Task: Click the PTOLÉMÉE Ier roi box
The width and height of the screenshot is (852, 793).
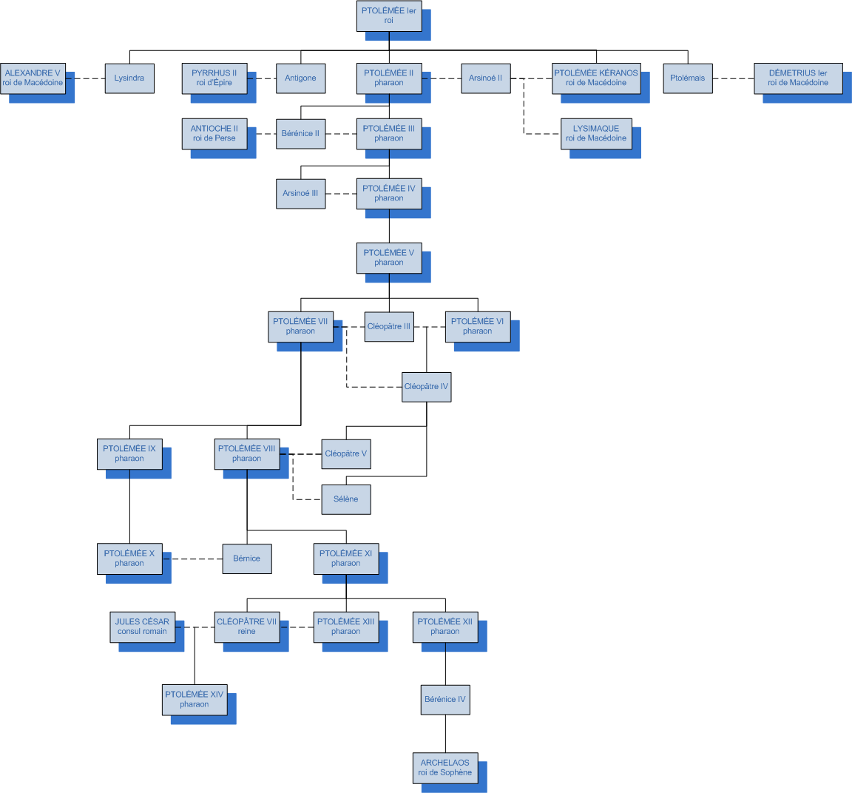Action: pos(389,16)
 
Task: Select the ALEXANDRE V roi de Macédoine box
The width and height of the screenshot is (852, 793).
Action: pos(33,78)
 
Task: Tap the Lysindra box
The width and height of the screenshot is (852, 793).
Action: pos(129,78)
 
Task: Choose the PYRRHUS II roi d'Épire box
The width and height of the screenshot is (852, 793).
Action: pos(214,78)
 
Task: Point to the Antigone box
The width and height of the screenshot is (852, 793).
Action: pos(300,78)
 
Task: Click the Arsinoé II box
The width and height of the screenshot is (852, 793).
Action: pos(485,78)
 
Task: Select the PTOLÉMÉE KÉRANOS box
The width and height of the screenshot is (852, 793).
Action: pos(596,78)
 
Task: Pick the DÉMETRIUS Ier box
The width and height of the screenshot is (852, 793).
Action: pos(798,78)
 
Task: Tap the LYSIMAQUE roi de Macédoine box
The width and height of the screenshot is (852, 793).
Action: pos(596,133)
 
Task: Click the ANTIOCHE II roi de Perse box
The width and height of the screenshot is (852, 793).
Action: pos(214,133)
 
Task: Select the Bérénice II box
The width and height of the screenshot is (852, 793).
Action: pos(300,133)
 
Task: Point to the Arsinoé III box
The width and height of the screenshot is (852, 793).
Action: pos(300,193)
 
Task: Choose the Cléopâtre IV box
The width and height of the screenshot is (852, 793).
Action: pos(426,386)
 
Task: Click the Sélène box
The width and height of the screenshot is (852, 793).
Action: pos(345,499)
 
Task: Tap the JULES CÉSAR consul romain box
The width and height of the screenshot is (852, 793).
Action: pos(142,627)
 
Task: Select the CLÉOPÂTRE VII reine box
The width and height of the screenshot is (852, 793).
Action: pos(246,627)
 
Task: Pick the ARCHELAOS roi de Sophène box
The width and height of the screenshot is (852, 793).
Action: pos(445,767)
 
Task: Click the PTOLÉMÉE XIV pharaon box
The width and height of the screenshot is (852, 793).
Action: pos(195,699)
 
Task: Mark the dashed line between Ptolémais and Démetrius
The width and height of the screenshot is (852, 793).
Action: pos(733,78)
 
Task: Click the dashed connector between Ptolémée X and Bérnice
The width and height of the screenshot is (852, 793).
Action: pos(192,559)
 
